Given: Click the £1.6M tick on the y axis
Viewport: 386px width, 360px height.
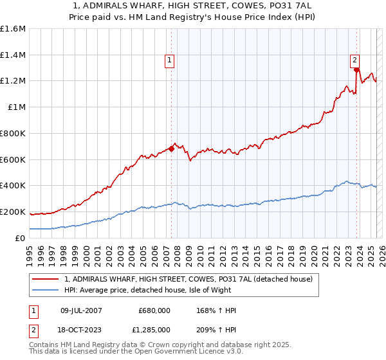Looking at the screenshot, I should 13,29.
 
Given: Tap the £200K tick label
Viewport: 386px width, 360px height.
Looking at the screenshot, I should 13,212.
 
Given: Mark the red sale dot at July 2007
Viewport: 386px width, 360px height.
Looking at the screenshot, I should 172,148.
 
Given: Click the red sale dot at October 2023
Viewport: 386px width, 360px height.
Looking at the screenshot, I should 357,69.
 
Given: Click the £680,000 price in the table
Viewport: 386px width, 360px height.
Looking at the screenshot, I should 154,311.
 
